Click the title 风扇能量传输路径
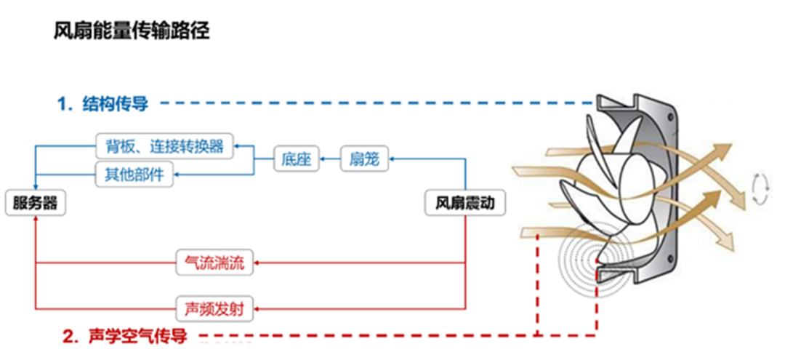click(132, 31)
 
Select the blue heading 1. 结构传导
click(102, 103)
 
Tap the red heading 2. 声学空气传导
click(125, 336)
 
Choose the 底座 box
click(297, 159)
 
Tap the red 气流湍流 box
click(215, 263)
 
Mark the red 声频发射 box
click(215, 308)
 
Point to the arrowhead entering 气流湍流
click(257, 263)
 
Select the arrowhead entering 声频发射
click(257, 308)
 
